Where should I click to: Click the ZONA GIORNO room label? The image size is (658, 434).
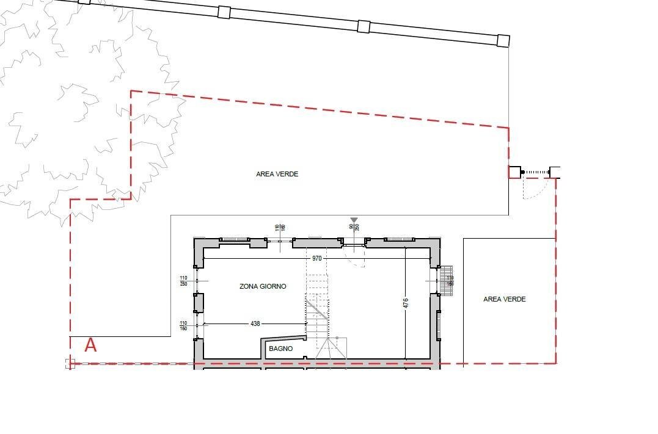tap(263, 286)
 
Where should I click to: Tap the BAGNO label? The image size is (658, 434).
tap(280, 349)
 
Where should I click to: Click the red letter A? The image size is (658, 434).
tap(90, 345)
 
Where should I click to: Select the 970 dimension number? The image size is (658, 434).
tap(316, 259)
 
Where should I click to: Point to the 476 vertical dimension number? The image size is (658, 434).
tap(405, 303)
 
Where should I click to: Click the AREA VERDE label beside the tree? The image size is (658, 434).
tap(277, 174)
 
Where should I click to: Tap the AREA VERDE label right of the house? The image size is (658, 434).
tap(504, 299)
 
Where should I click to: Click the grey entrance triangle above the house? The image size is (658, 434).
tap(354, 220)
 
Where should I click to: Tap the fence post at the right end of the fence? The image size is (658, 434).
tap(503, 41)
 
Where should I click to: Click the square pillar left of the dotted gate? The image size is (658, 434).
tap(514, 172)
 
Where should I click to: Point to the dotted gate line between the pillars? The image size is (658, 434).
tap(536, 172)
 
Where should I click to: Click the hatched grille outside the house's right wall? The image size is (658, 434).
tap(448, 280)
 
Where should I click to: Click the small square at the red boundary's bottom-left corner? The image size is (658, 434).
tap(70, 363)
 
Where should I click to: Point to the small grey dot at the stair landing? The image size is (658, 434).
tap(337, 338)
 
